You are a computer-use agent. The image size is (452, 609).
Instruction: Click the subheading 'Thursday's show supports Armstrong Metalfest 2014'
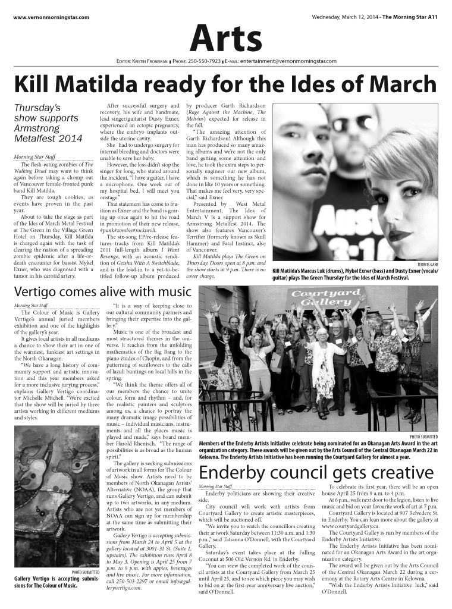47,124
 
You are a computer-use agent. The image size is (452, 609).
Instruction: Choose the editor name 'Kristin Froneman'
145,61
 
